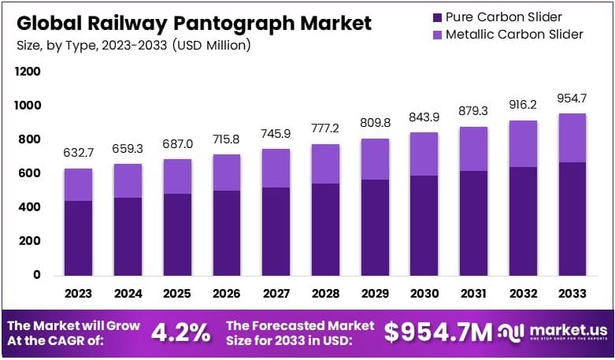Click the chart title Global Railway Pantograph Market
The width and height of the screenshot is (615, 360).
pyautogui.click(x=193, y=23)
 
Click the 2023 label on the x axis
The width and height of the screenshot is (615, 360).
pyautogui.click(x=78, y=293)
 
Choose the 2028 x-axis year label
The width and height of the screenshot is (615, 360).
pyautogui.click(x=325, y=293)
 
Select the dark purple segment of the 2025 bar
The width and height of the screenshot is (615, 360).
pyautogui.click(x=177, y=234)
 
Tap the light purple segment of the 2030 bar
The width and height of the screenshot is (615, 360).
pyautogui.click(x=424, y=154)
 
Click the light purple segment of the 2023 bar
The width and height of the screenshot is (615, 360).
pyautogui.click(x=78, y=184)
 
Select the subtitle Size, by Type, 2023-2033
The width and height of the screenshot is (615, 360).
pyautogui.click(x=132, y=46)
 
